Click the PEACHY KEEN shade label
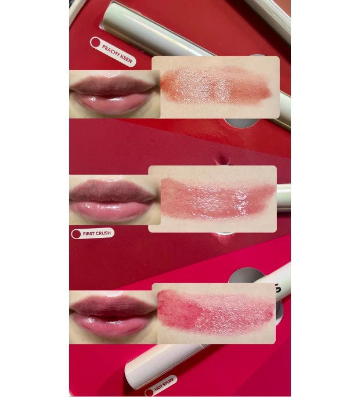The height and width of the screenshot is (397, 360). click(113, 52)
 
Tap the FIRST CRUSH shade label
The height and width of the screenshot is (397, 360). click(92, 234)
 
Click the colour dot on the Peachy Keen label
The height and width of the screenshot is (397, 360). click(96, 43)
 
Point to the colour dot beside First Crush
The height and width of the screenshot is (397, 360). click(76, 234)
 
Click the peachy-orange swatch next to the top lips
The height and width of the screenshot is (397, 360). click(215, 86)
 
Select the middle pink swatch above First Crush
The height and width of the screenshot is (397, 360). click(213, 198)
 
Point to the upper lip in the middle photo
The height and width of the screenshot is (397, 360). click(110, 192)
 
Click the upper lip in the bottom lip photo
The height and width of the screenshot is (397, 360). click(110, 306)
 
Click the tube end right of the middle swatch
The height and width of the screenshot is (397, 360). click(283, 197)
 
